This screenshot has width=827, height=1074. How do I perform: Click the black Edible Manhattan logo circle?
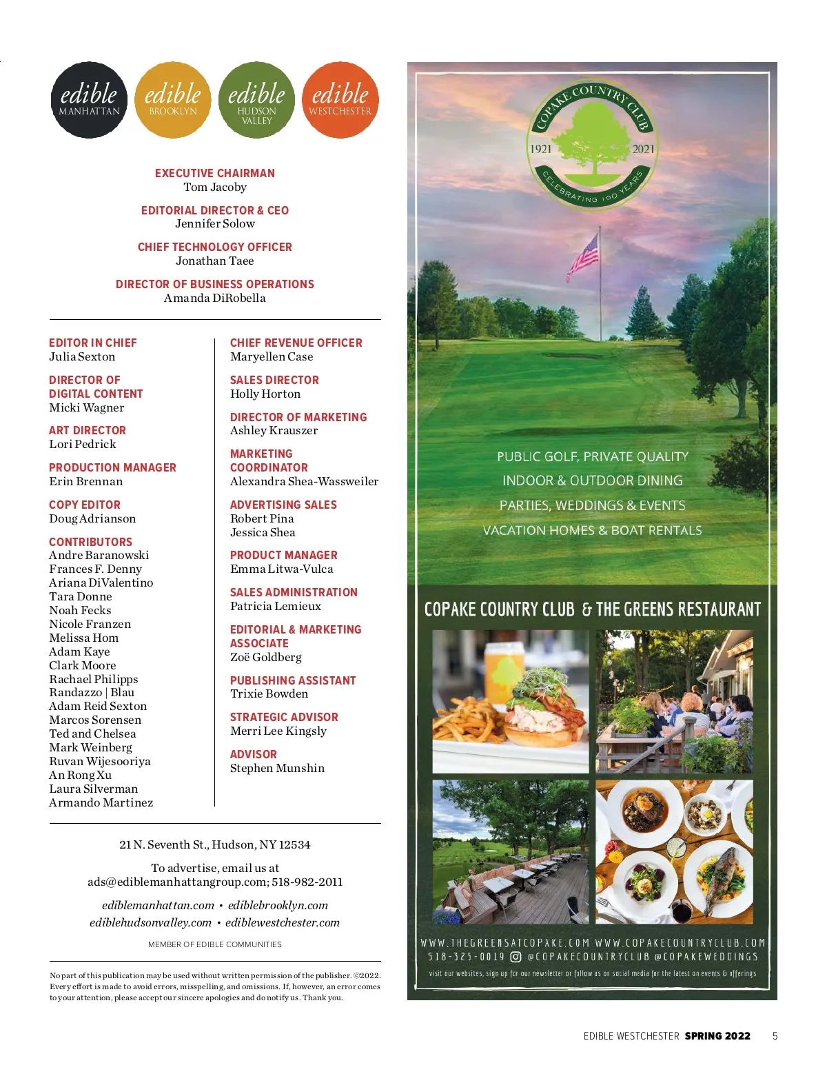click(89, 100)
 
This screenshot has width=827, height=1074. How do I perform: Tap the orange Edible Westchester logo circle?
click(340, 100)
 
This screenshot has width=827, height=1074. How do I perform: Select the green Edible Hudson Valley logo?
click(256, 100)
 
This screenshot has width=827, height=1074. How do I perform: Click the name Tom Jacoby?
click(215, 187)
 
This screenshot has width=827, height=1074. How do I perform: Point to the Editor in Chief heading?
click(93, 343)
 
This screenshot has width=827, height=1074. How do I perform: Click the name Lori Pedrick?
click(83, 444)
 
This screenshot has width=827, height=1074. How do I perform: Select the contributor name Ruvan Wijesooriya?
click(100, 761)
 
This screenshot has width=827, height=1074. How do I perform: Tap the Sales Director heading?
click(274, 380)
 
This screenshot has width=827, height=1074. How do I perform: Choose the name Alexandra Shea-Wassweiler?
click(304, 481)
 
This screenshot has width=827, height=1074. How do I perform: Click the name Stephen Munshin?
click(277, 768)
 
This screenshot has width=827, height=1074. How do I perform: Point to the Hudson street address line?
click(215, 844)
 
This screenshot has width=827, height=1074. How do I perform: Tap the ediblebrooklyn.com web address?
click(278, 905)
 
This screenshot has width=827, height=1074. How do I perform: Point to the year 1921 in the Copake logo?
click(540, 149)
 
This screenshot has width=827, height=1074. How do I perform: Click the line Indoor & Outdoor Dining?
click(592, 480)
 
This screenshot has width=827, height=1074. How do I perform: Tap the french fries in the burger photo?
click(469, 720)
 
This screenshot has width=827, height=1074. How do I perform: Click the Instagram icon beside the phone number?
click(515, 957)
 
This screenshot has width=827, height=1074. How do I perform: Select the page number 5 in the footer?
click(775, 1035)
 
